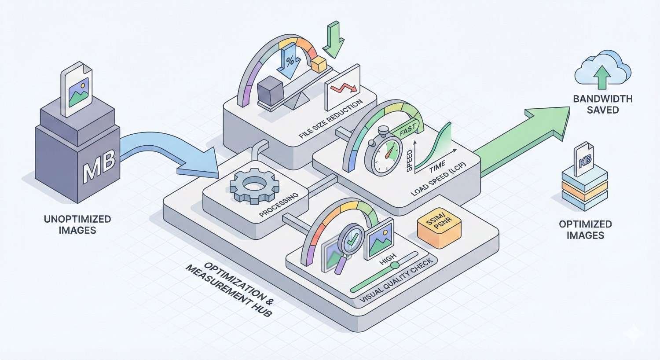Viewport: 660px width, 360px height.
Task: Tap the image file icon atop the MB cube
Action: [x=77, y=90]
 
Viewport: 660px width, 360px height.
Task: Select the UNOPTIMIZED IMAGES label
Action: [x=77, y=224]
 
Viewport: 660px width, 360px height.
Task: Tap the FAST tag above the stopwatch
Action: [x=408, y=129]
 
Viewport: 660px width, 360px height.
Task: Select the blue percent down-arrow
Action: [x=290, y=62]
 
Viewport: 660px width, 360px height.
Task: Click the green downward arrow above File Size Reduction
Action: [x=333, y=40]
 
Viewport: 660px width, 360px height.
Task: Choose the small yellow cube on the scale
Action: [x=319, y=65]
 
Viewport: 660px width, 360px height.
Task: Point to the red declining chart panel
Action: [x=342, y=87]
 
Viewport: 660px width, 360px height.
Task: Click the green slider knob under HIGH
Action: [x=395, y=264]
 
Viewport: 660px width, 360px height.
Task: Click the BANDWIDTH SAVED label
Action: [x=603, y=104]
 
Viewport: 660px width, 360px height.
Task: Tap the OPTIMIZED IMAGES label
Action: [x=585, y=229]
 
